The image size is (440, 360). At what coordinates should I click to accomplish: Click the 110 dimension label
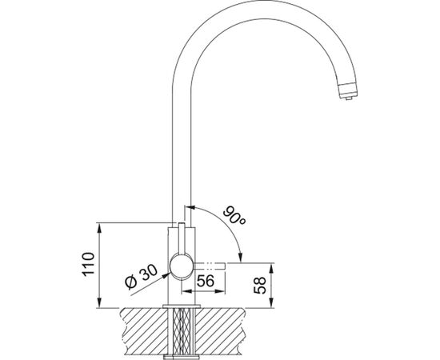[x=88, y=264]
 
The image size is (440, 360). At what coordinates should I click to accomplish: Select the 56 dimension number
[x=205, y=281]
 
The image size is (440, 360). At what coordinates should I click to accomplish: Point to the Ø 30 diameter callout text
[x=141, y=277]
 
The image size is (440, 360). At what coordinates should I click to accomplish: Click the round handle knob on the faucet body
[x=182, y=266]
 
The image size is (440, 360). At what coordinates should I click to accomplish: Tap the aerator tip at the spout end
[x=348, y=91]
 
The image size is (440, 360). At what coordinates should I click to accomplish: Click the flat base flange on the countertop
[x=182, y=306]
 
